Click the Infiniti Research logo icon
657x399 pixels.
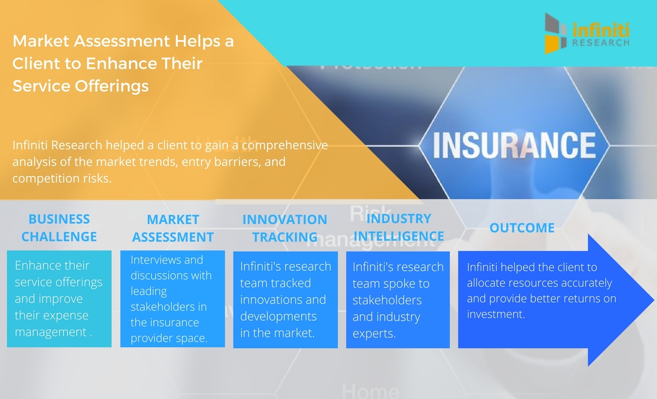[x=556, y=33]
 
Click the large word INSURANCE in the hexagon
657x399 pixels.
[x=514, y=145]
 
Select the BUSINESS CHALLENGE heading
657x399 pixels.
[x=59, y=228]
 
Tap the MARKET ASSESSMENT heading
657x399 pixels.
[x=173, y=228]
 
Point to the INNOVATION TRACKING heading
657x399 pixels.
[x=285, y=228]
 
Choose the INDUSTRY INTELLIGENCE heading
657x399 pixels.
[x=398, y=227]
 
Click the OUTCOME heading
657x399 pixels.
[x=522, y=228]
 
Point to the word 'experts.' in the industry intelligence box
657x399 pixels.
[x=374, y=333]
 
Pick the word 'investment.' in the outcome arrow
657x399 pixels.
[x=496, y=314]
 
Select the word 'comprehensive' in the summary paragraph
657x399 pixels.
[x=285, y=146]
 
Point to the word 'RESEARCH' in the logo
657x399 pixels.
[x=601, y=43]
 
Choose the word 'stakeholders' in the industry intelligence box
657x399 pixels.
[x=387, y=300]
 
